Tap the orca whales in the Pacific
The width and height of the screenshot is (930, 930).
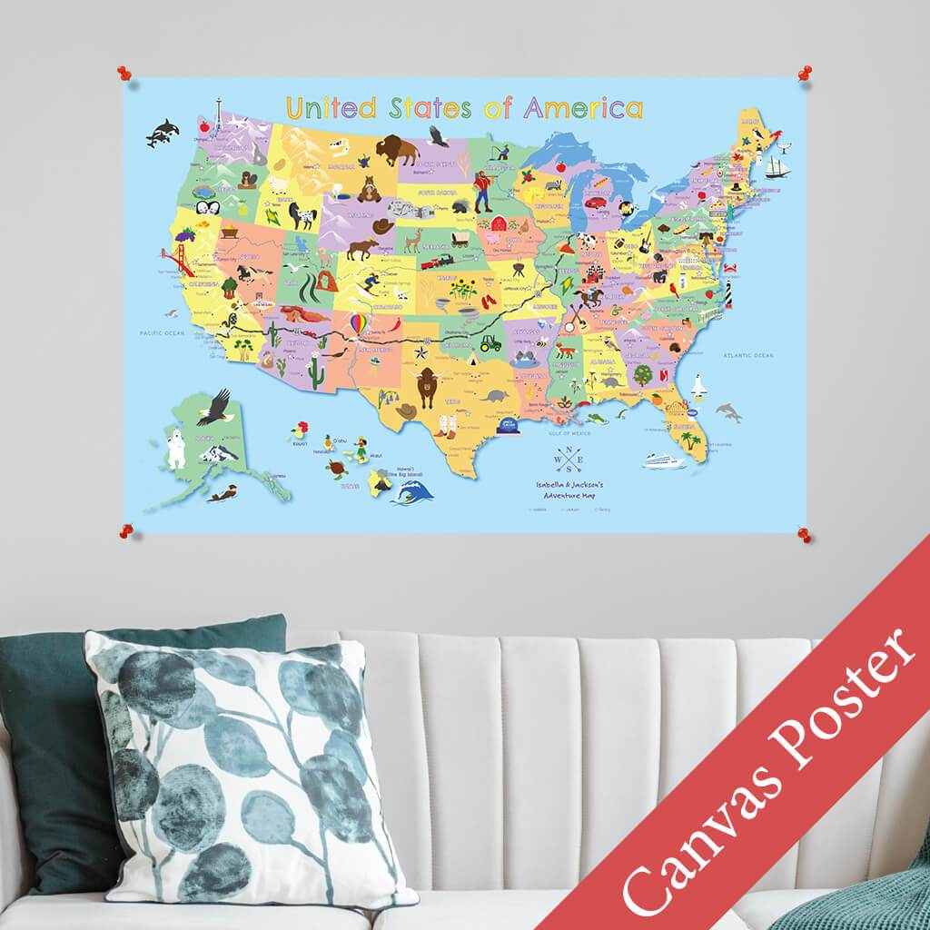(163, 133)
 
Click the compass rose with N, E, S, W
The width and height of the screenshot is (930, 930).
(570, 460)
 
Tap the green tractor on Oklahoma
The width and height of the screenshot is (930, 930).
(491, 342)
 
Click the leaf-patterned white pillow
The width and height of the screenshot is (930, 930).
(245, 772)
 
